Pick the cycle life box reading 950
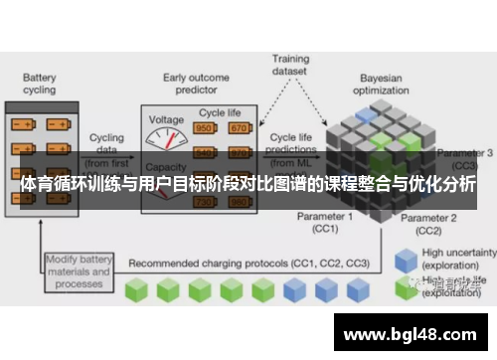(205, 128)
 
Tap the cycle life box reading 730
(205, 202)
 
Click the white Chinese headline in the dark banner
(248, 185)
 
